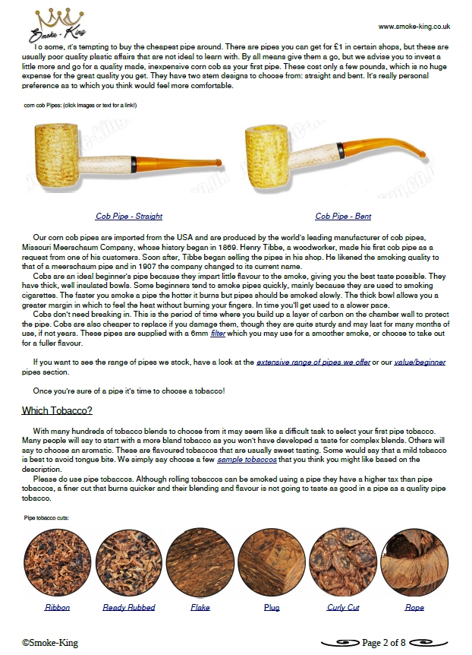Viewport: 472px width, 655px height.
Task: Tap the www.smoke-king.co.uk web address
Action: click(414, 26)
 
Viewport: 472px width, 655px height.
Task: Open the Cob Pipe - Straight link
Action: click(129, 217)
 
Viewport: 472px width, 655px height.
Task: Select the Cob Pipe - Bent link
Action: click(343, 217)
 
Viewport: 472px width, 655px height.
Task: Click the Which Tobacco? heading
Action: click(57, 411)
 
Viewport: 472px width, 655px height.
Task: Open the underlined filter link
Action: click(219, 354)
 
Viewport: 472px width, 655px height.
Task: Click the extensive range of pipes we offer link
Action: click(313, 362)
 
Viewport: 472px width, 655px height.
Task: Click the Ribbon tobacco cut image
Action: click(57, 562)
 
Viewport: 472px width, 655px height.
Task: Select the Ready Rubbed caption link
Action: click(129, 607)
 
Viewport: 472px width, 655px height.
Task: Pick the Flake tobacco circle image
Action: click(200, 562)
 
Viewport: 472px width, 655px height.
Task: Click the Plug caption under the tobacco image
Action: click(272, 607)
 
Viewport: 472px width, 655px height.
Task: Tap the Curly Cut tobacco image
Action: click(343, 562)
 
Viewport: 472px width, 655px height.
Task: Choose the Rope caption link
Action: click(414, 607)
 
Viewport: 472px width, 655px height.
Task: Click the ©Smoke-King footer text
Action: click(49, 643)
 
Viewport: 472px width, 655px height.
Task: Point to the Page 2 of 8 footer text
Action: click(384, 643)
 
